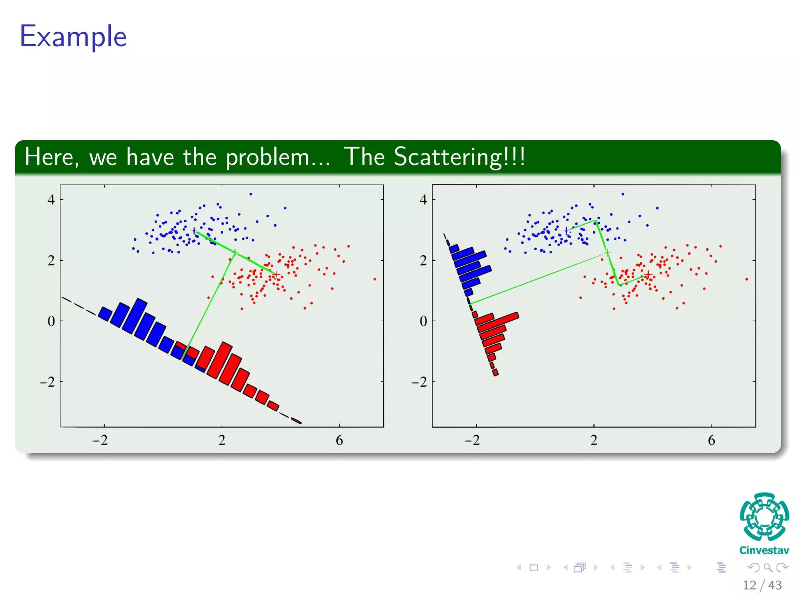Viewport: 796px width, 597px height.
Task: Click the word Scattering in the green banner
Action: tap(447, 157)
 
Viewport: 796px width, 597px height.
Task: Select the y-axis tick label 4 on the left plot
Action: tap(51, 200)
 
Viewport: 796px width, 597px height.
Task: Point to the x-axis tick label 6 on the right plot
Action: tap(711, 440)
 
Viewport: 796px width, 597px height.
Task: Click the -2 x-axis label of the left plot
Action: tap(100, 440)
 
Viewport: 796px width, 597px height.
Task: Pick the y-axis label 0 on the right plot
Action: tap(423, 321)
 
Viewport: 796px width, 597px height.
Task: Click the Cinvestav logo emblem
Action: tap(764, 517)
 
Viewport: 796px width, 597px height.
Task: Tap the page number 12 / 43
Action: tap(762, 585)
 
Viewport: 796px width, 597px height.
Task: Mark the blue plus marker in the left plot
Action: tap(194, 231)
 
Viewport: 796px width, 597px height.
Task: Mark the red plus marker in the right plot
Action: tap(648, 275)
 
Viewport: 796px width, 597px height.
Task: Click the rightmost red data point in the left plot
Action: tap(375, 279)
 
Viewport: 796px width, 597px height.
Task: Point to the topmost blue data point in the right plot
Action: tap(623, 194)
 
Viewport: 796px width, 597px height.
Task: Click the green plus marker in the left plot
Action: tap(234, 253)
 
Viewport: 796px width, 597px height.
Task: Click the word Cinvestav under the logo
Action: tap(764, 550)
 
